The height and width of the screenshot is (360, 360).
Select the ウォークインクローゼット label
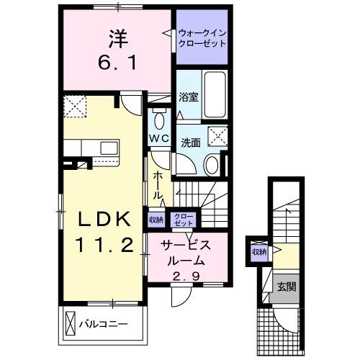[x=202, y=37]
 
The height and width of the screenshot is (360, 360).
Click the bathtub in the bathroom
[x=215, y=94]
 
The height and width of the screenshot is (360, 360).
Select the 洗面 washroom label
[x=191, y=143]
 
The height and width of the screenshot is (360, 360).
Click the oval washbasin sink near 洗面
[x=212, y=165]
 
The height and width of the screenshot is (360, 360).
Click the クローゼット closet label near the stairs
[x=184, y=220]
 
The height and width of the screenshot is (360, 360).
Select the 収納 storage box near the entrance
[x=258, y=252]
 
